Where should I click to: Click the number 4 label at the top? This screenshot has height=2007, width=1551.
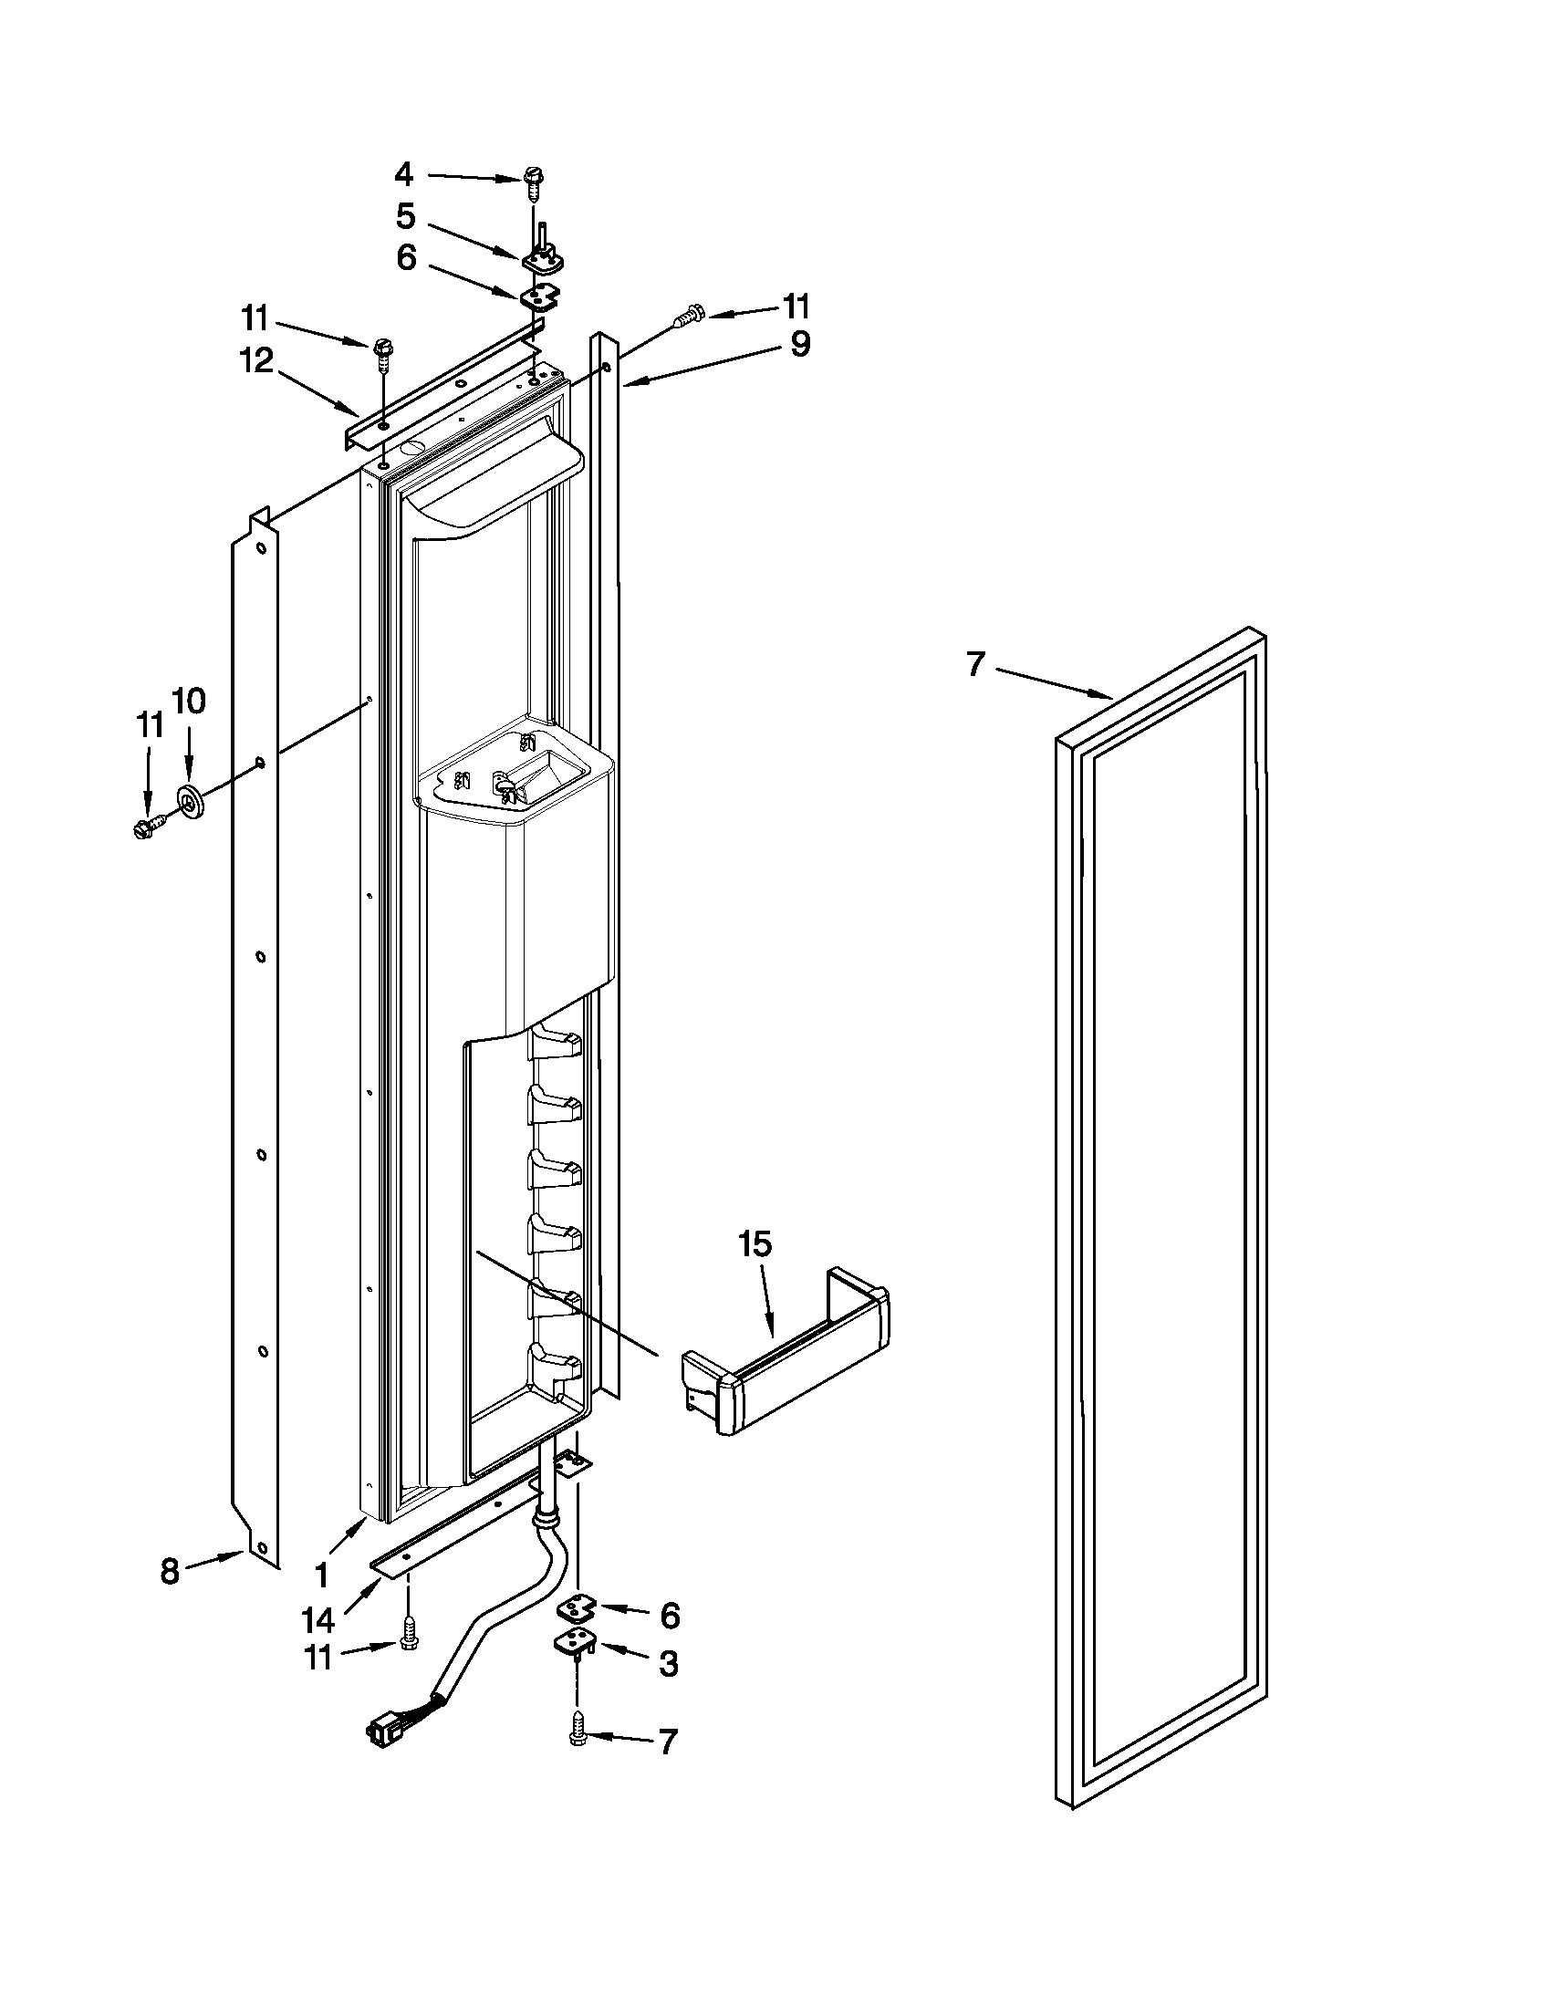point(404,173)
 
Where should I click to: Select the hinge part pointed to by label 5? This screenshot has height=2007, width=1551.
point(542,257)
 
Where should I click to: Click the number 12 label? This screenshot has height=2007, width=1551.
point(257,361)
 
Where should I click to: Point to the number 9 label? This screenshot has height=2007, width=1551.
point(799,345)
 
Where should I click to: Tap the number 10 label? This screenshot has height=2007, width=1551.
point(188,701)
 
